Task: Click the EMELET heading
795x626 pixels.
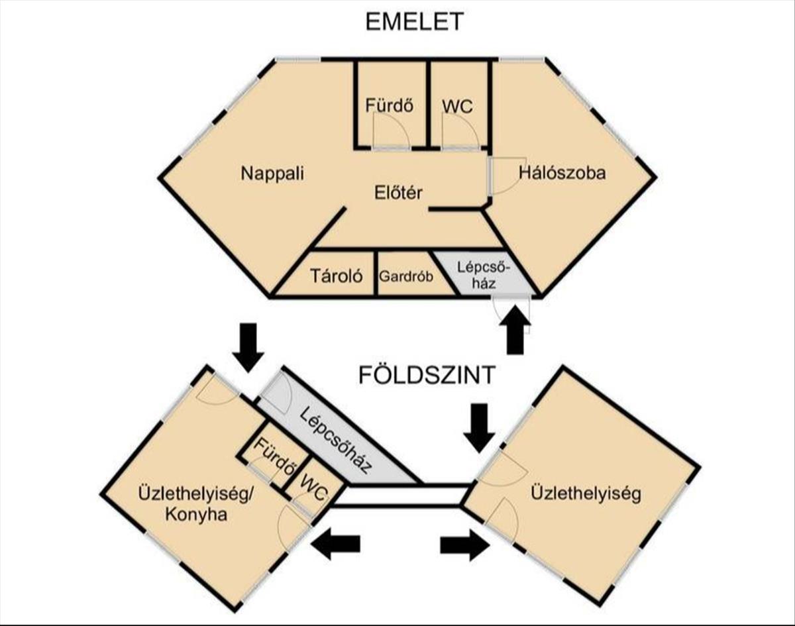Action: [414, 22]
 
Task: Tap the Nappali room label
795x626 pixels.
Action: [272, 174]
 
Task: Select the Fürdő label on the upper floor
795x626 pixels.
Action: [390, 105]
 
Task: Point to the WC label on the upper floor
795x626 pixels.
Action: [458, 105]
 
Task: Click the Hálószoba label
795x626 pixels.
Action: [562, 174]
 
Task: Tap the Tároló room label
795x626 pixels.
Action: [337, 275]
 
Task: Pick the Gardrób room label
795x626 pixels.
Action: [405, 275]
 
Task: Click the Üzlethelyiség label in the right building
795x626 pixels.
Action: [586, 494]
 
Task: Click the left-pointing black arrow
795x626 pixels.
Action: [336, 544]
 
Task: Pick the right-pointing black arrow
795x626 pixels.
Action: [465, 544]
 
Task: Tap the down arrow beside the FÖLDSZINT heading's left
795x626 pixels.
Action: [249, 347]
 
